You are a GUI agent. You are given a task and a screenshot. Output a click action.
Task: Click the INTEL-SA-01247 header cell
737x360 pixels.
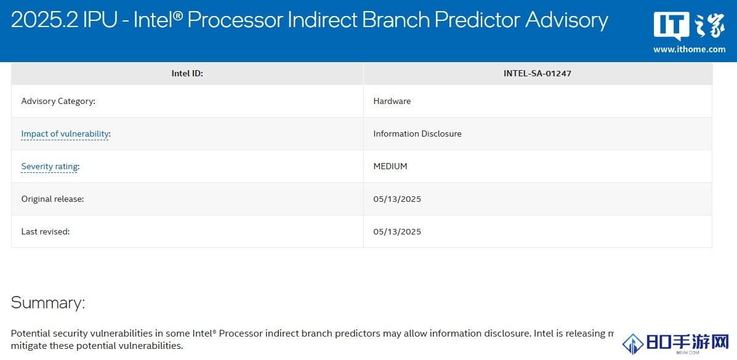(538, 73)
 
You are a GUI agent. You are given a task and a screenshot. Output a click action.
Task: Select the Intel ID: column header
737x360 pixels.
(187, 73)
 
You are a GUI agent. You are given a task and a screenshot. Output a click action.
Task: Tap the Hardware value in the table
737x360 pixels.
(392, 101)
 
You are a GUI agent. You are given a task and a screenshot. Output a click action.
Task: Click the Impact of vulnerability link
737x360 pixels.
(65, 134)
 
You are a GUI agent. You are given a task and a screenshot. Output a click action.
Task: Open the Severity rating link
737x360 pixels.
(49, 166)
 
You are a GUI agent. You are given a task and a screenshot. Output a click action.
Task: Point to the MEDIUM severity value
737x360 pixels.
(390, 166)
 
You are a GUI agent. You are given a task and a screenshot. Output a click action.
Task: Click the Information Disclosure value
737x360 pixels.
(417, 134)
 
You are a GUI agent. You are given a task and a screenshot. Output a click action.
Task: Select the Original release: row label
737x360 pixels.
(53, 199)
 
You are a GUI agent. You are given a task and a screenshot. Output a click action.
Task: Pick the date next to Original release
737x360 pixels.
(397, 199)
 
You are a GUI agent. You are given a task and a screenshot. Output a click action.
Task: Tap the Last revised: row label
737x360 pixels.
(46, 231)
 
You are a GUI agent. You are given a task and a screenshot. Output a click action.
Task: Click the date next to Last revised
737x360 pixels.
(397, 231)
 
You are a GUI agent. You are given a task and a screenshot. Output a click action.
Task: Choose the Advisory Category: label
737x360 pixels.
(58, 101)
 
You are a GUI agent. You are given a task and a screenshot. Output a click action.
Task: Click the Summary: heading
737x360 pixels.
(48, 302)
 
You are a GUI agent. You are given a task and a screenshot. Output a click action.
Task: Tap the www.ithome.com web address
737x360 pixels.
(689, 49)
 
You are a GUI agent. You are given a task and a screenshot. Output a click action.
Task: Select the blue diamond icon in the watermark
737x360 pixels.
(633, 344)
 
